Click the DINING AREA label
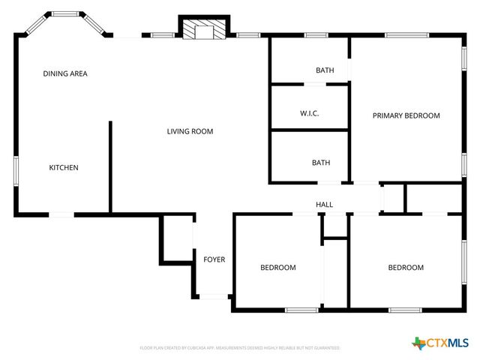[65, 73]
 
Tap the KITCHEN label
[64, 167]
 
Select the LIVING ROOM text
[190, 131]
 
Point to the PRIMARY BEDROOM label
[406, 115]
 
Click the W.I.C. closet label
[310, 113]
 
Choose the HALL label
[324, 204]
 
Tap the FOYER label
[214, 259]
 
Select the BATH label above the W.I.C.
[325, 70]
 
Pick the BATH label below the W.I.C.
[321, 163]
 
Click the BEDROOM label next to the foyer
[277, 268]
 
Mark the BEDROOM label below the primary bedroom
[406, 268]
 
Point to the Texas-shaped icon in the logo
[418, 343]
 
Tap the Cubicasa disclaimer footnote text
[240, 348]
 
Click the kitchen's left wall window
[16, 169]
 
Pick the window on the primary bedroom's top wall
[406, 34]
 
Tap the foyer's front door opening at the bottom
[214, 296]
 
